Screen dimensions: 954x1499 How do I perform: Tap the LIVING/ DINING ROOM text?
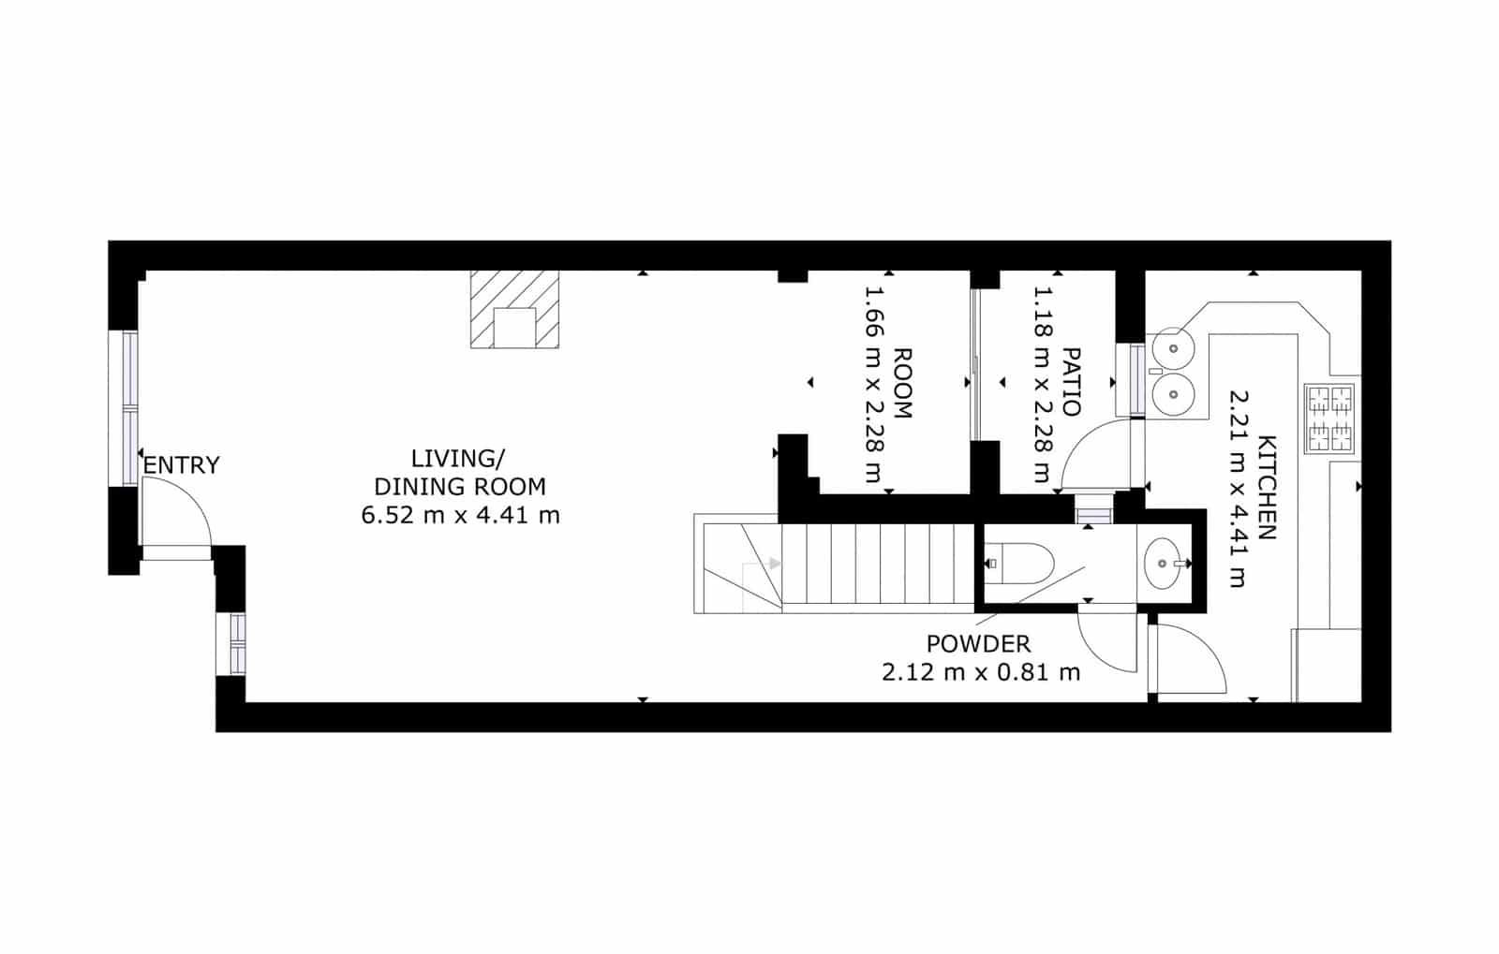click(459, 473)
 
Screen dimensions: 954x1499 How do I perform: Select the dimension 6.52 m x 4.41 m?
click(460, 515)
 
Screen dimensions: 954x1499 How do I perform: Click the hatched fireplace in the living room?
click(514, 309)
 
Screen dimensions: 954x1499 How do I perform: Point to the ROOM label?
click(902, 383)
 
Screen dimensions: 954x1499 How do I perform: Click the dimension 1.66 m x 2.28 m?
click(874, 385)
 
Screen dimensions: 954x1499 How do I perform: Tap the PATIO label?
click(1071, 383)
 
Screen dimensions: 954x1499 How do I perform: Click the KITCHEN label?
click(1267, 488)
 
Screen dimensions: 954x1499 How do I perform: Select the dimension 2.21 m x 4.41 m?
click(1239, 488)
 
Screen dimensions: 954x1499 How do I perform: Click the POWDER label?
click(978, 644)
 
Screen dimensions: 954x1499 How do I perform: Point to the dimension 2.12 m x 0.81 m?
click(981, 672)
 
